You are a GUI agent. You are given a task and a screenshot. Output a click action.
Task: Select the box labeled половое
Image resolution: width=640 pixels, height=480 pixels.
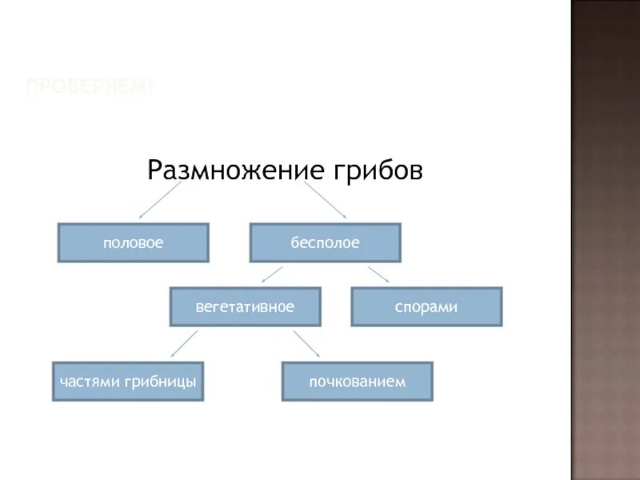coord(133,242)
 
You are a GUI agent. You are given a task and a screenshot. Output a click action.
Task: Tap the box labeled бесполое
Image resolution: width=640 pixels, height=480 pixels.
coord(325,242)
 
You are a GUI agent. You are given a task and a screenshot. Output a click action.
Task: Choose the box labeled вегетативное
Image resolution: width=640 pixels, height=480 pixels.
coord(245,306)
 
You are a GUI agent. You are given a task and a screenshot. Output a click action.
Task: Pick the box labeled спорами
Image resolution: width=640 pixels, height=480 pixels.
coord(426,306)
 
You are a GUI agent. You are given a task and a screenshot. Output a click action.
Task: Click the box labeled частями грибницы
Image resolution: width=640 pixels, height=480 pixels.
coord(128,382)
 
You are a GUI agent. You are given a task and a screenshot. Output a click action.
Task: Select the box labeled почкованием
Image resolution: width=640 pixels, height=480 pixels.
coord(357,382)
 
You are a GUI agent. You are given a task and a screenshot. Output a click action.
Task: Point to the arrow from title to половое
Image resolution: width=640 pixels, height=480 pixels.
coord(159,200)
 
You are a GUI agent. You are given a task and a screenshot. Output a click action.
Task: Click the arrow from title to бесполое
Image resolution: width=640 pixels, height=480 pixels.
coord(325,200)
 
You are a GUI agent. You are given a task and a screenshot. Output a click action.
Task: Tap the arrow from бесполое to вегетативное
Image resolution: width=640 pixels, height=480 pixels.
coord(272,274)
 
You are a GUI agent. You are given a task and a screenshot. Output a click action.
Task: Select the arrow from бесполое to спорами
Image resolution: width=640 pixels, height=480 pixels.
coord(378,274)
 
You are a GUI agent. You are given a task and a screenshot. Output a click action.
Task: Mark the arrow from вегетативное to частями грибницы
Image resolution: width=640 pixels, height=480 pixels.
coord(185,344)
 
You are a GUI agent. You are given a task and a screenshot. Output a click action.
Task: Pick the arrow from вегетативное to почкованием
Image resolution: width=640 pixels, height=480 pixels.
coord(306,344)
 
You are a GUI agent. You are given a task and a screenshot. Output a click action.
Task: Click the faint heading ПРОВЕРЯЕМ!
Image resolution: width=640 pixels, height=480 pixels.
coord(89,86)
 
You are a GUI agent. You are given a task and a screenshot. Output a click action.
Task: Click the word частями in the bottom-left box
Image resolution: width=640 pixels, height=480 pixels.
coord(89,382)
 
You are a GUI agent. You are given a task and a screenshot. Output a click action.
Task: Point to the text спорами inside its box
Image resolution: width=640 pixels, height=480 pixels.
coord(426,307)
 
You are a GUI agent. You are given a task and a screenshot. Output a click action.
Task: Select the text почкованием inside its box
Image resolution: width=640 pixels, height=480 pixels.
coord(357,382)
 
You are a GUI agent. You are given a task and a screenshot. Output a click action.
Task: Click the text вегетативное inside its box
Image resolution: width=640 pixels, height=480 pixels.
coord(245,307)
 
